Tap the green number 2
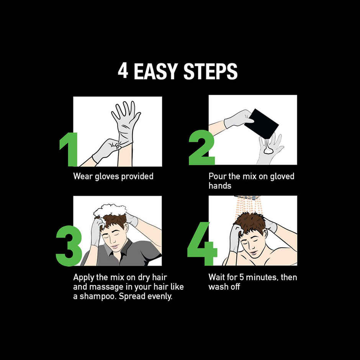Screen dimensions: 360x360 coord(201,147)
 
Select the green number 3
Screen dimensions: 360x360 coord(69,245)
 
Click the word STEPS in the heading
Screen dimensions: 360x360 coord(211,71)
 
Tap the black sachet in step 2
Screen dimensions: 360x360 coord(261,124)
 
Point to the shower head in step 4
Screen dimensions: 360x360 coord(247,198)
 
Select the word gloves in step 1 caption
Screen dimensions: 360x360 coord(107,177)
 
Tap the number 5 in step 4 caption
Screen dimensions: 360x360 coord(242,277)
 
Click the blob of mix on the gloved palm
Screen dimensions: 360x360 coord(268,150)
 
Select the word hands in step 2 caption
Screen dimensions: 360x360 coord(220,185)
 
